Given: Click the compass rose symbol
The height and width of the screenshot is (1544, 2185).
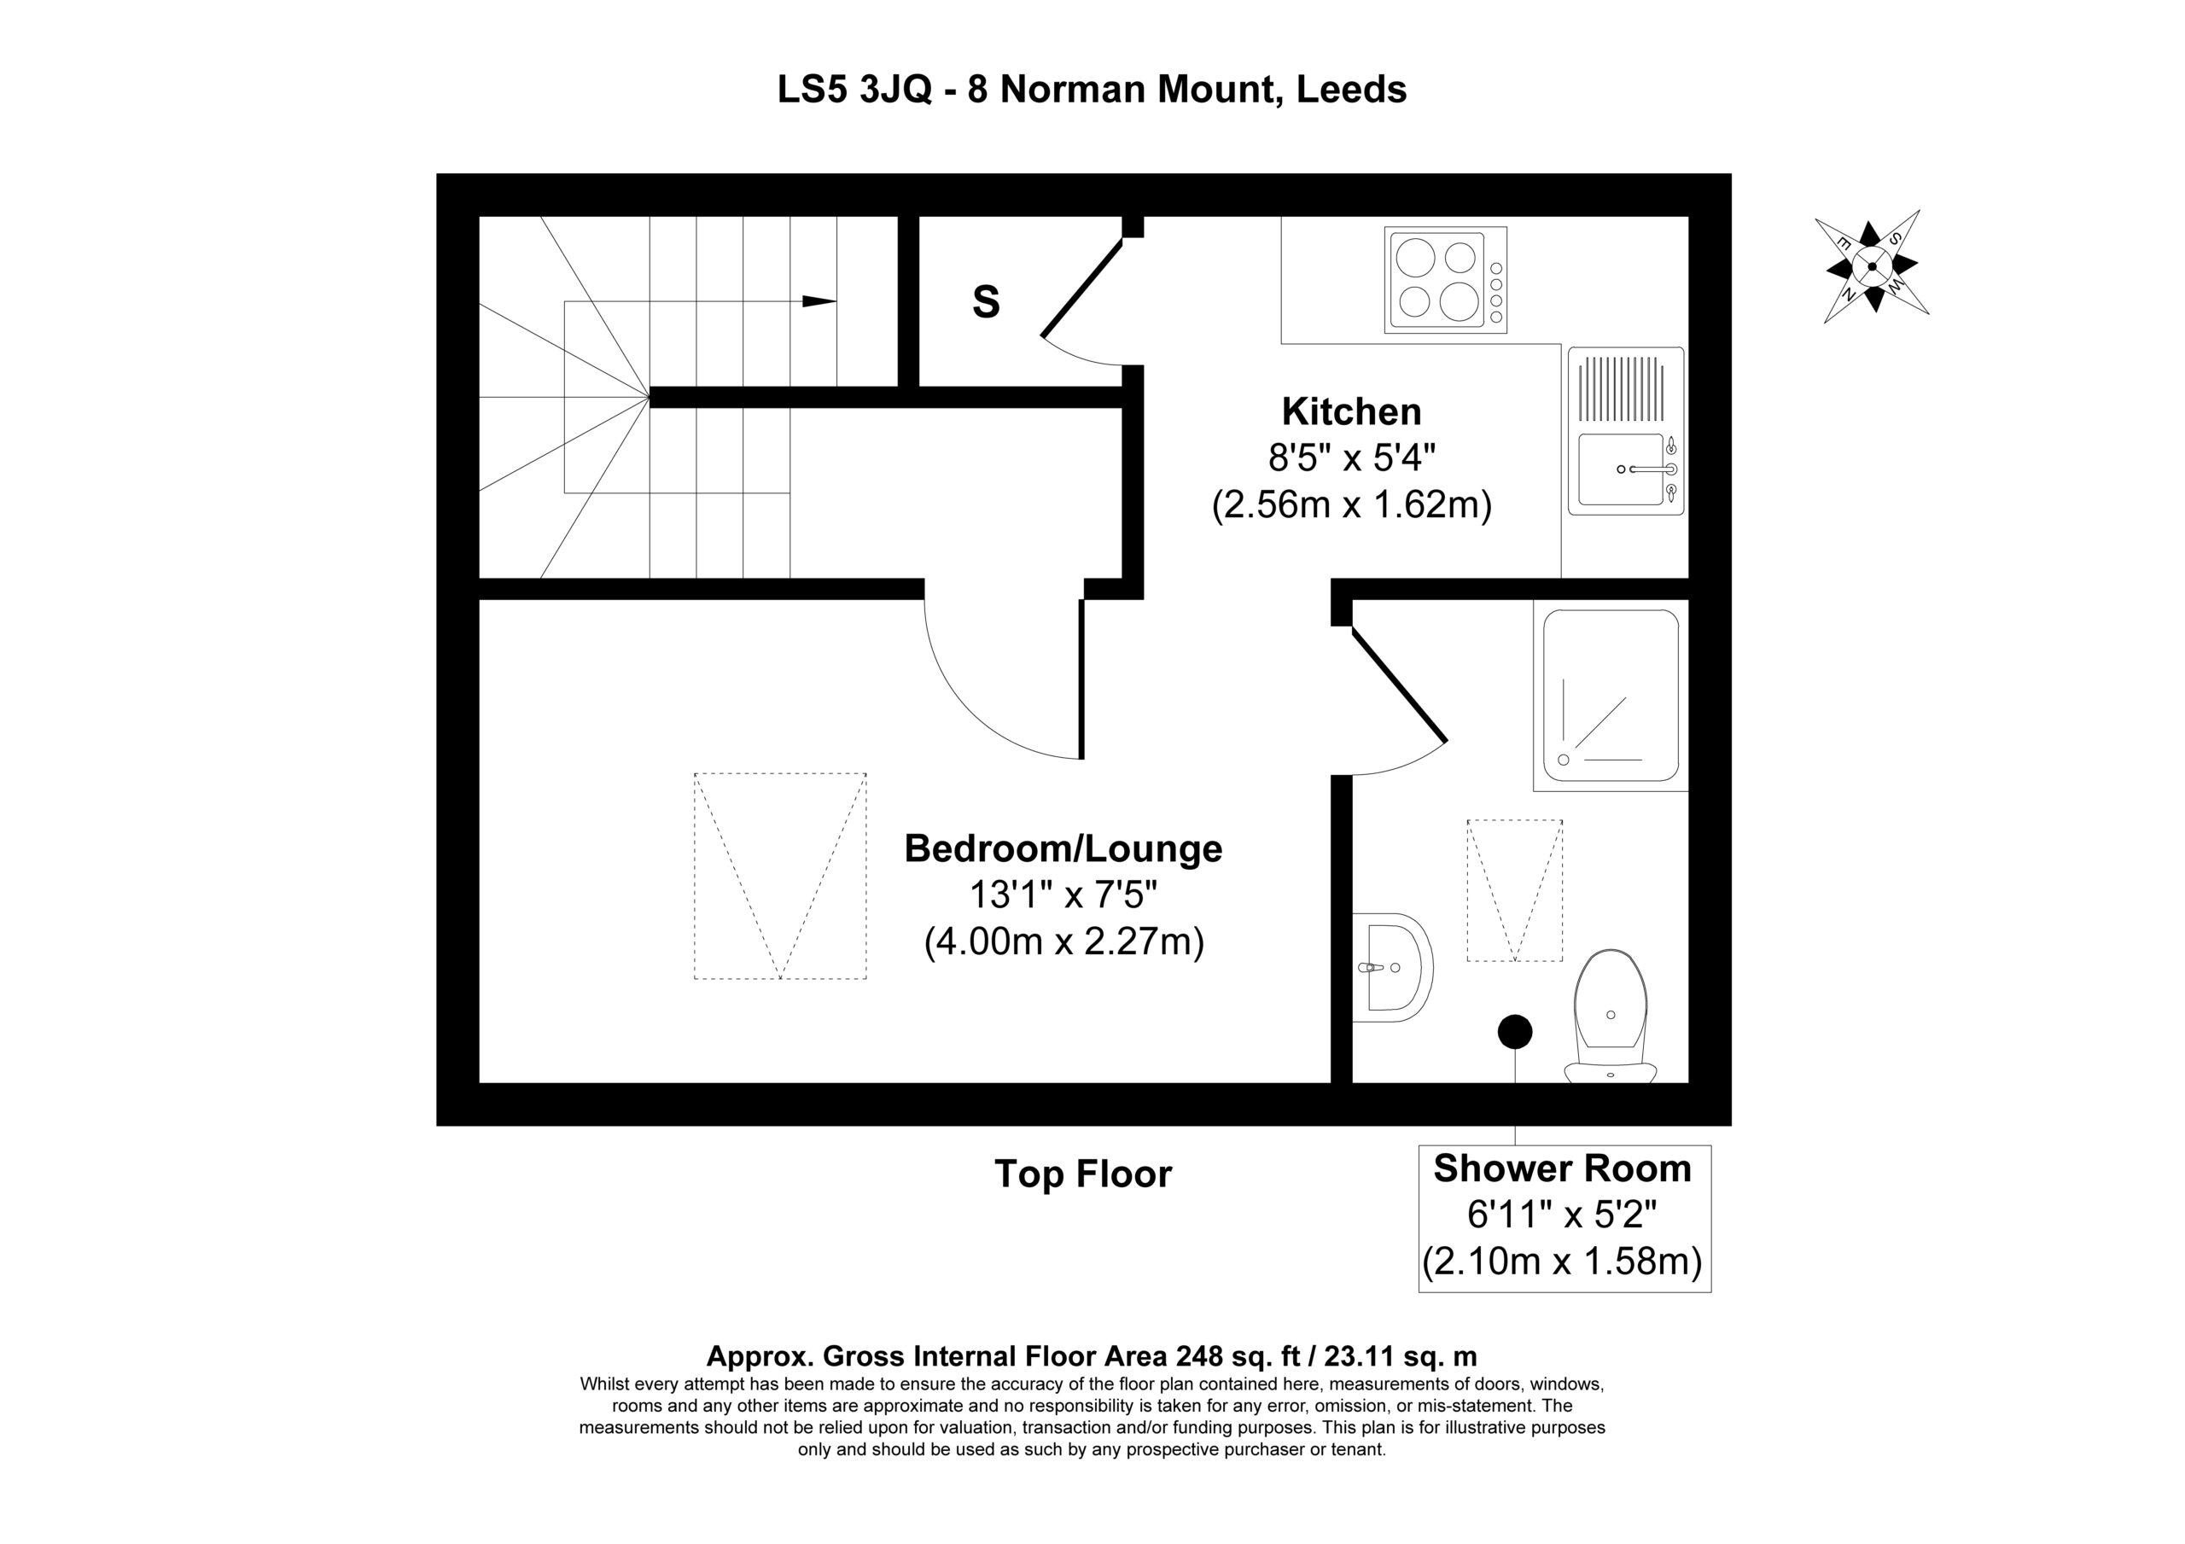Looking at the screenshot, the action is pyautogui.click(x=1871, y=266).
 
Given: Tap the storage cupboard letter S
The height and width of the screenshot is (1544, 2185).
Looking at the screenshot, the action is pyautogui.click(x=986, y=302).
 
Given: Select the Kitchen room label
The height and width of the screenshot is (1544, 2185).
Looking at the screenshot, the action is pyautogui.click(x=1351, y=411).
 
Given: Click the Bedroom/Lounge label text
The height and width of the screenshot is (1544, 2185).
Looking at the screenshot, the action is pyautogui.click(x=1063, y=848).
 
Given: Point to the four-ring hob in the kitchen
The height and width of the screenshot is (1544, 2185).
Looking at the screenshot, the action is pyautogui.click(x=1446, y=279).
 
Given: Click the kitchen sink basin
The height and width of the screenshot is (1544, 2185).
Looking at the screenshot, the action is pyautogui.click(x=1621, y=469).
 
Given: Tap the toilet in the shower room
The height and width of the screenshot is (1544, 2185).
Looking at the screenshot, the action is pyautogui.click(x=1611, y=1017).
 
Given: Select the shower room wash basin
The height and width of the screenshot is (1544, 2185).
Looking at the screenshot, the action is pyautogui.click(x=1392, y=968).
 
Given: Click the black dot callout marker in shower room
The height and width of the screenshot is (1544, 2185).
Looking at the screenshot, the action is pyautogui.click(x=1515, y=1032).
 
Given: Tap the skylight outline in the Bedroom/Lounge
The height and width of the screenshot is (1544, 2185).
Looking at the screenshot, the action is pyautogui.click(x=780, y=876).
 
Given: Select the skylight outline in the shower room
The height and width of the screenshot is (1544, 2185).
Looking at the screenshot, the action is pyautogui.click(x=1515, y=890).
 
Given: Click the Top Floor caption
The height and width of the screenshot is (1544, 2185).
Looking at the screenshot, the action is pyautogui.click(x=1083, y=1174).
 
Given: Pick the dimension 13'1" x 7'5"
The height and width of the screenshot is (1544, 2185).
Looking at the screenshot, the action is pyautogui.click(x=1063, y=894).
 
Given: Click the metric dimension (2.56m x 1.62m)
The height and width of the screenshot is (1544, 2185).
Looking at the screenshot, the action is pyautogui.click(x=1351, y=504).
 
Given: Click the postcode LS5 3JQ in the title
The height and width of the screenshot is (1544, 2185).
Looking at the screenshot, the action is pyautogui.click(x=854, y=90).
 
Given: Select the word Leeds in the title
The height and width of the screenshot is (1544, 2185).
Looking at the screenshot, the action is pyautogui.click(x=1352, y=90).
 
